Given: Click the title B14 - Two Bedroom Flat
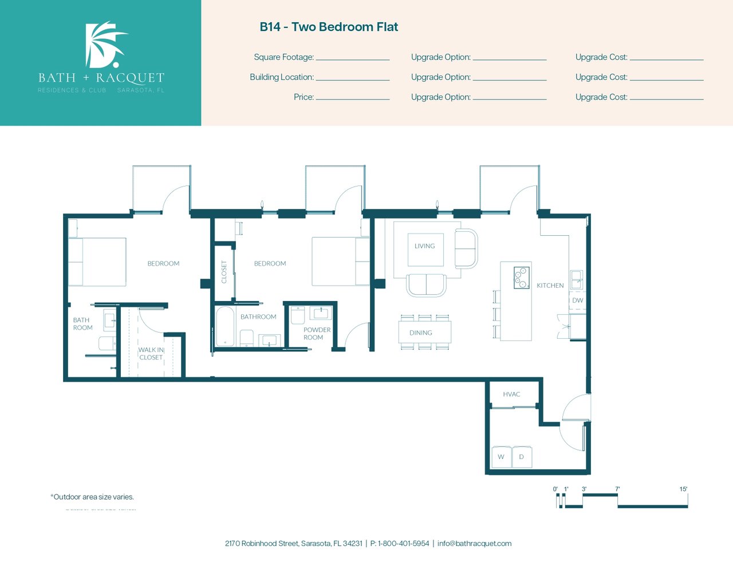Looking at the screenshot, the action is pyautogui.click(x=329, y=27).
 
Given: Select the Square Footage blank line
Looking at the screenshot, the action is pyautogui.click(x=353, y=60).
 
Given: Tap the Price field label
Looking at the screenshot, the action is pyautogui.click(x=304, y=97).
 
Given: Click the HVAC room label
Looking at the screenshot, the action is pyautogui.click(x=511, y=394).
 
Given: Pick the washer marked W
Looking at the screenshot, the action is pyautogui.click(x=501, y=457).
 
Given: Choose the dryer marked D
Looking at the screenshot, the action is pyautogui.click(x=522, y=457).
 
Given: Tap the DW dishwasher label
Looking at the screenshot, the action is pyautogui.click(x=578, y=300).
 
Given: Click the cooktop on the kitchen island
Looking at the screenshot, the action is pyautogui.click(x=522, y=278).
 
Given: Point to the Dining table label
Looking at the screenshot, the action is pyautogui.click(x=421, y=333).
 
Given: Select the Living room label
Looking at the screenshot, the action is pyautogui.click(x=425, y=246).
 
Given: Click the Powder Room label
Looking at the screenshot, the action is pyautogui.click(x=317, y=334).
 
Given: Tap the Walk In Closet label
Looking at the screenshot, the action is pyautogui.click(x=151, y=354).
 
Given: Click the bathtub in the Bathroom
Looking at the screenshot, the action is pyautogui.click(x=224, y=326).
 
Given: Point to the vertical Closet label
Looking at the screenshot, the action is pyautogui.click(x=224, y=272).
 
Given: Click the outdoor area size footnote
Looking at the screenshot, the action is pyautogui.click(x=92, y=497).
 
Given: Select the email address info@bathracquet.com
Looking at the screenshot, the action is pyautogui.click(x=474, y=544).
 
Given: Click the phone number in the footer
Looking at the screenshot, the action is pyautogui.click(x=400, y=544).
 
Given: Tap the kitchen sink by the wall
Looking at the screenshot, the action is pyautogui.click(x=576, y=280).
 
